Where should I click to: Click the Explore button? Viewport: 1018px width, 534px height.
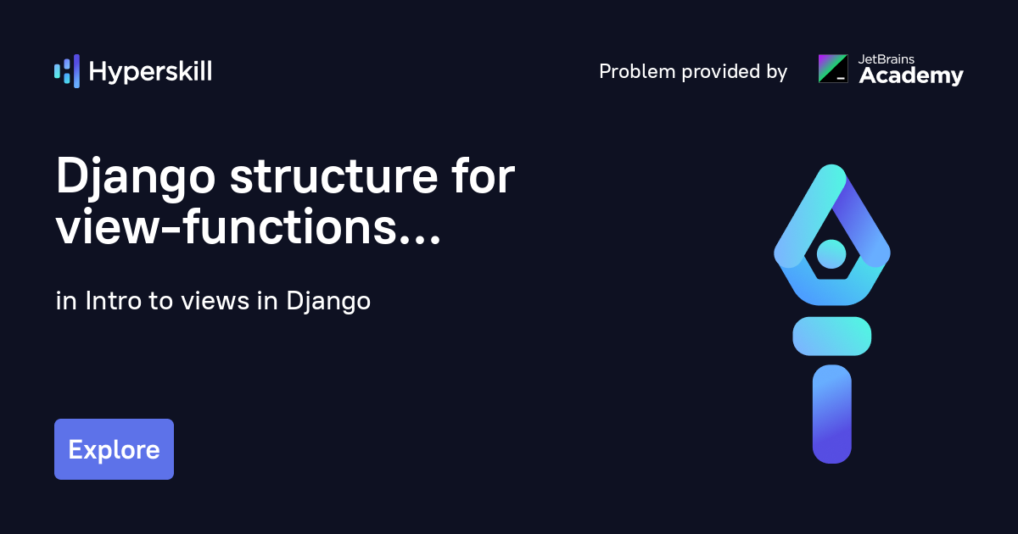[x=114, y=449]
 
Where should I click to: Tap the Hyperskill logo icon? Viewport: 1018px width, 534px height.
[x=67, y=71]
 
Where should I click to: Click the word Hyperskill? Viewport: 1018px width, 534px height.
[x=150, y=72]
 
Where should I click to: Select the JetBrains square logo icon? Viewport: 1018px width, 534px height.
[x=833, y=69]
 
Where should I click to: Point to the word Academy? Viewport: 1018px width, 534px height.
[x=911, y=75]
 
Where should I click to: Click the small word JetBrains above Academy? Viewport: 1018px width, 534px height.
[x=887, y=59]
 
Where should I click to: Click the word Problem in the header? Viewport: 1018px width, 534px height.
[x=637, y=71]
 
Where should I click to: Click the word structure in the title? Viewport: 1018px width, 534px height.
[x=334, y=176]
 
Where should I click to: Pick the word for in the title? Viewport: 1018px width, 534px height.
[x=483, y=175]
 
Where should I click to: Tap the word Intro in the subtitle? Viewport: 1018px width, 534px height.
[x=113, y=301]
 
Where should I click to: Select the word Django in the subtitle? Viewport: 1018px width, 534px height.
[x=328, y=302]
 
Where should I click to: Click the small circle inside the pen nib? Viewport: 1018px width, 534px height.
[x=831, y=253]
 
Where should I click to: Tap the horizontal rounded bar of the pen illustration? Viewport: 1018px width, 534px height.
[x=831, y=336]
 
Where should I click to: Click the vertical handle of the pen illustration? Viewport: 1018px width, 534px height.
[x=831, y=414]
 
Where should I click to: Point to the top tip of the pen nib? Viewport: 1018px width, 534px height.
[x=831, y=164]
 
